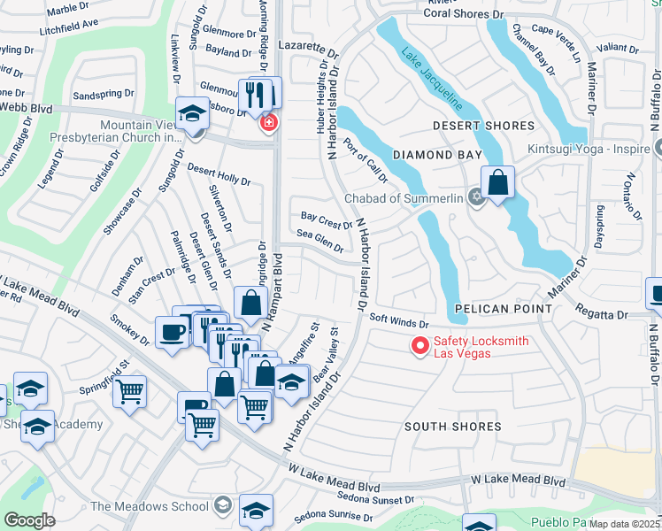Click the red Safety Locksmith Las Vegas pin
[420, 346]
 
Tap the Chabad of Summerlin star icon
[477, 197]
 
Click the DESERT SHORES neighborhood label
[483, 127]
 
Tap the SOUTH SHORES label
[453, 427]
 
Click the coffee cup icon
[171, 332]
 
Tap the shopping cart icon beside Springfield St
[131, 389]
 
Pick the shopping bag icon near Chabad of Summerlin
[498, 183]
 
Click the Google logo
[30, 519]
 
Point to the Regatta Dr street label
[603, 314]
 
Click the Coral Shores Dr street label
[469, 14]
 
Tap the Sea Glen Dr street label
[319, 241]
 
